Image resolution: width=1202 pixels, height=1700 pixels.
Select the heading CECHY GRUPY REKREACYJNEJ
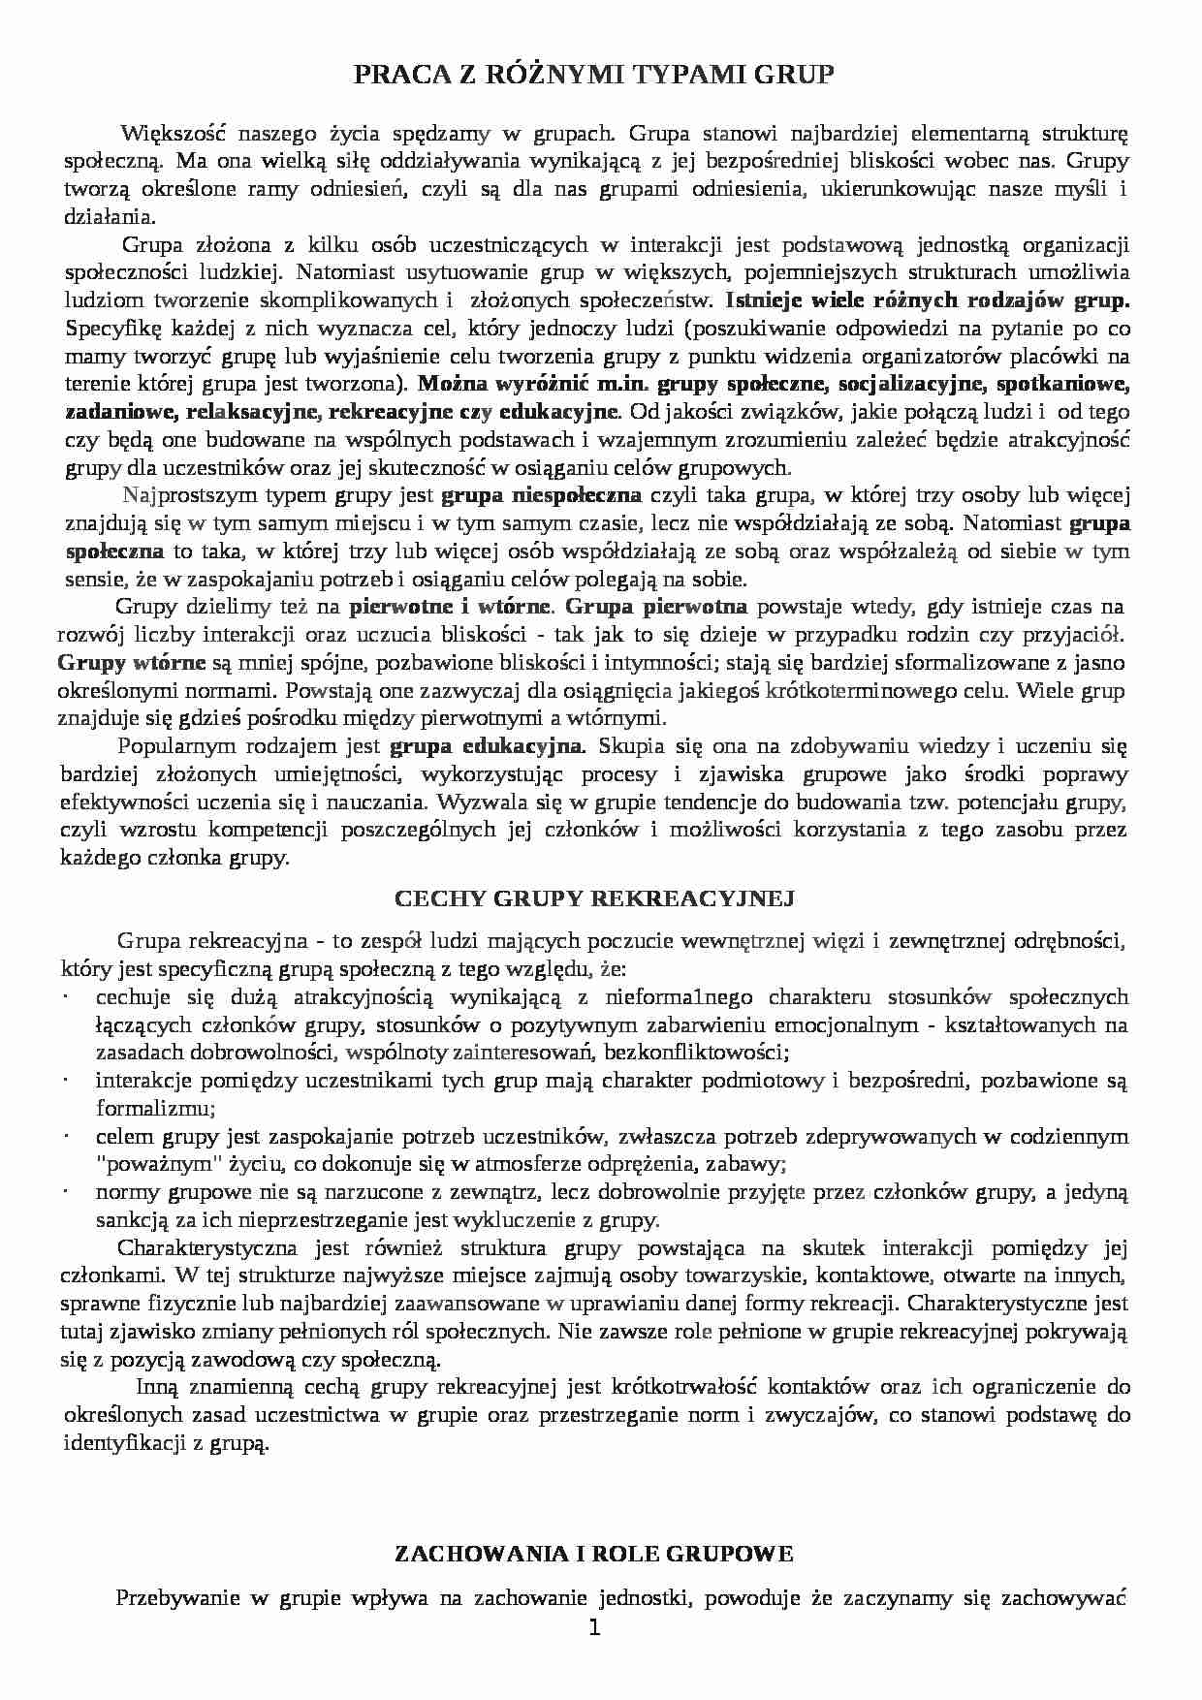(x=594, y=898)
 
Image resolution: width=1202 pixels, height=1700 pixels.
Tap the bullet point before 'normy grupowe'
(x=64, y=1192)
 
